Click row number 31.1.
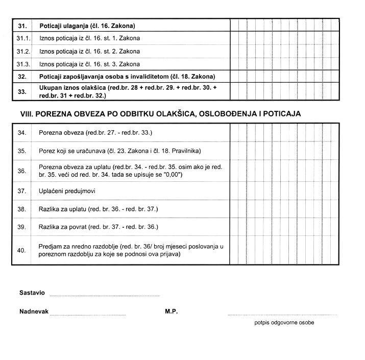click(23, 38)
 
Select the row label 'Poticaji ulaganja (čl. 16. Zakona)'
click(90, 26)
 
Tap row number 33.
click(22, 91)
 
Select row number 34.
click(21, 133)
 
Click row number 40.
click(21, 250)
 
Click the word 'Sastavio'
click(32, 293)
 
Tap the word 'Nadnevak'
click(34, 311)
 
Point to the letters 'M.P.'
click(171, 311)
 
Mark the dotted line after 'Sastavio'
click(105, 296)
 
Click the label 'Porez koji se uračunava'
click(120, 151)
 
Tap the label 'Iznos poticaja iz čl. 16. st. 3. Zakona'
click(90, 64)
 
